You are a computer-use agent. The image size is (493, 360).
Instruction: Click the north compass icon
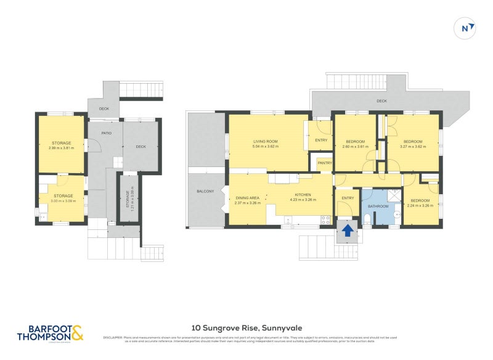coord(467,27)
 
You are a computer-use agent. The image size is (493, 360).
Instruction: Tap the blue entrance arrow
coord(348,231)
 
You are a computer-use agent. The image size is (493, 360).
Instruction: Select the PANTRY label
coord(324,163)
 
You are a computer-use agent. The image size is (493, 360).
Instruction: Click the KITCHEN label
coord(304,194)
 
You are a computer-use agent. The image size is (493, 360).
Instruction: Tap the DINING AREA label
coord(248,197)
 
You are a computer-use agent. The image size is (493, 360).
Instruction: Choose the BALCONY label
coord(205,192)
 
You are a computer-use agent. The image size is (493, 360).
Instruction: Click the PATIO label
coord(107,133)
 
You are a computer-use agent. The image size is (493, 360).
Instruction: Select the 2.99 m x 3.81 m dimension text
coord(61,148)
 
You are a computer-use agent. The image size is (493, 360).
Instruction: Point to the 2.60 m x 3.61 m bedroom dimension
coord(355,147)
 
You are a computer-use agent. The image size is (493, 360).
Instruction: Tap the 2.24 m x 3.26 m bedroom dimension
coord(422,205)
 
